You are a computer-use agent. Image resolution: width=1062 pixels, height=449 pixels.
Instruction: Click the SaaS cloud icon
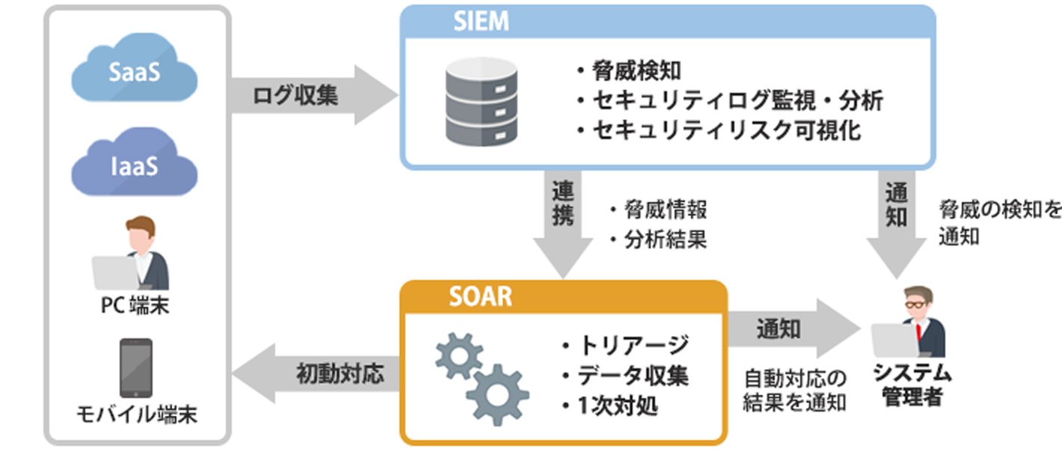tap(135, 73)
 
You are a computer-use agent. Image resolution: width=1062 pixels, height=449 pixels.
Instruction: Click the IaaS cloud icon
tap(135, 165)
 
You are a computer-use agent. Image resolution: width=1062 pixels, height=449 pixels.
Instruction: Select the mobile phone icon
tap(135, 367)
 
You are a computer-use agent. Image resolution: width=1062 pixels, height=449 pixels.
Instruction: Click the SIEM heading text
tap(480, 21)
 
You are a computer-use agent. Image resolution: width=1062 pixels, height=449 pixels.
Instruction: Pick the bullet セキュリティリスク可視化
tap(718, 130)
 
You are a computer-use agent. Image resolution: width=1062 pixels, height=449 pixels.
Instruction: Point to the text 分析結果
tap(659, 240)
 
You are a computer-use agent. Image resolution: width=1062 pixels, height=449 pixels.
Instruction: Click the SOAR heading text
tap(481, 296)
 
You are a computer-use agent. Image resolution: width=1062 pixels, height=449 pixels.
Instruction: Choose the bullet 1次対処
tap(614, 406)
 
